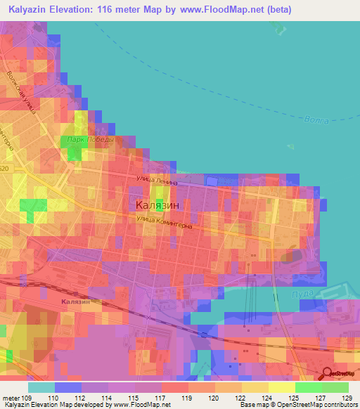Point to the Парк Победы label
[x=91, y=139]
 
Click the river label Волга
[x=317, y=120]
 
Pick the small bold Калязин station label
[x=76, y=301]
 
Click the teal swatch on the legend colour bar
[x=41, y=387]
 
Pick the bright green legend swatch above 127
[x=308, y=387]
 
